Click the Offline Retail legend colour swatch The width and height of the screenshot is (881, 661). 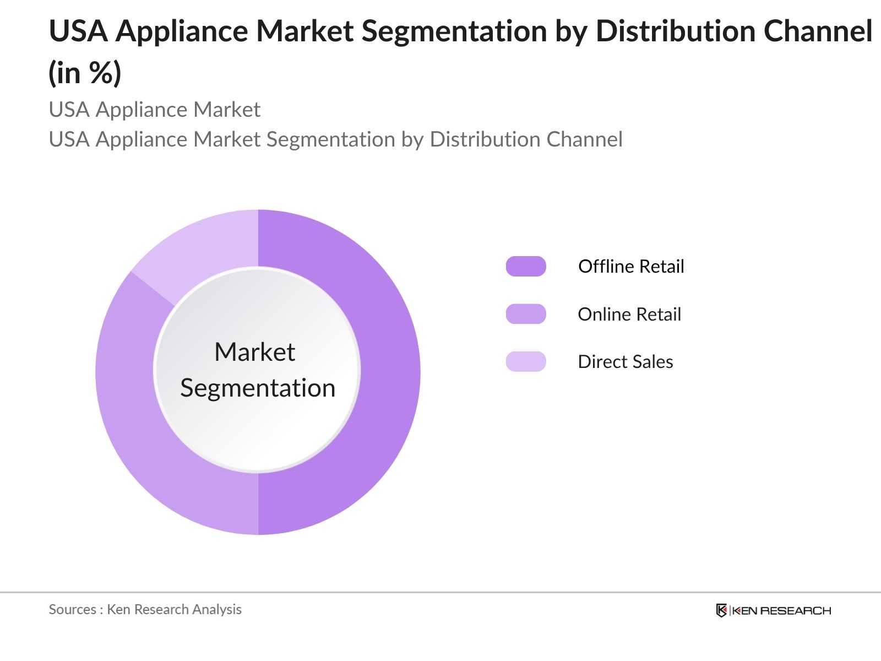pos(526,266)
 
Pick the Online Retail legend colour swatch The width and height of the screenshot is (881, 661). pos(526,314)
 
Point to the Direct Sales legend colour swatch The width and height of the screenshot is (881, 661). pos(526,361)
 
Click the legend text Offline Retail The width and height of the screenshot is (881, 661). pos(631,266)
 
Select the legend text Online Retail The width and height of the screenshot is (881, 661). pos(629,314)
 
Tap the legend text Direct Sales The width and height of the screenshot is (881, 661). pos(626,361)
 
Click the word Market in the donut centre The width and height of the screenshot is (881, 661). pos(254,352)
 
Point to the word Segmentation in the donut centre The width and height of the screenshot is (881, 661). pos(258,388)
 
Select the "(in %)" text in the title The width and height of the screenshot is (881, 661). pos(85,73)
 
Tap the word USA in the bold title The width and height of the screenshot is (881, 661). pos(78,31)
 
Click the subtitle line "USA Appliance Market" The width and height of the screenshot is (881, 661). pos(154,110)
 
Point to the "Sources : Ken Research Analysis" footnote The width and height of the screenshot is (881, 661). pos(145,609)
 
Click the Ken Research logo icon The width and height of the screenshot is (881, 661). pos(721,610)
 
